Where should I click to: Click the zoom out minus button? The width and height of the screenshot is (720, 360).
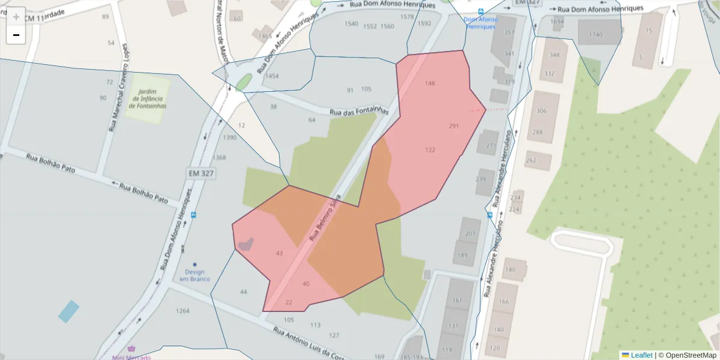pyautogui.click(x=16, y=35)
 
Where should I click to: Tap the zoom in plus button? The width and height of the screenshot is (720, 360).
pyautogui.click(x=16, y=17)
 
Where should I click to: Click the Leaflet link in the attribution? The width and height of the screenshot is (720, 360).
pyautogui.click(x=641, y=355)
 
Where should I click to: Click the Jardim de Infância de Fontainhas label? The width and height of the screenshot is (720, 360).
pyautogui.click(x=148, y=98)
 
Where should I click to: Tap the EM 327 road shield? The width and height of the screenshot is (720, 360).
pyautogui.click(x=200, y=173)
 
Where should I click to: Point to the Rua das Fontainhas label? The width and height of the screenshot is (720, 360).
pyautogui.click(x=359, y=112)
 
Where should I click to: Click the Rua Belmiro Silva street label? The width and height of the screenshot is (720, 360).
pyautogui.click(x=325, y=217)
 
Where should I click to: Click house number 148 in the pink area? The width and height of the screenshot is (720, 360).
pyautogui.click(x=430, y=83)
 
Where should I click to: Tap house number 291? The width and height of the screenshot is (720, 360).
pyautogui.click(x=454, y=126)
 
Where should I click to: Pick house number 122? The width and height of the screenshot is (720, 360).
pyautogui.click(x=430, y=150)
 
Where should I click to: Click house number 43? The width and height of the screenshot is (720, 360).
pyautogui.click(x=279, y=254)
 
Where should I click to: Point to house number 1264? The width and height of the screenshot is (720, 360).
pyautogui.click(x=182, y=311)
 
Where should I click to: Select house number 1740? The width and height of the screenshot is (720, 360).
pyautogui.click(x=596, y=35)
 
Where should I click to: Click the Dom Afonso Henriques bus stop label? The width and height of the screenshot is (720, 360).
pyautogui.click(x=481, y=23)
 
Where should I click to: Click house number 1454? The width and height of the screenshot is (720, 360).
pyautogui.click(x=272, y=76)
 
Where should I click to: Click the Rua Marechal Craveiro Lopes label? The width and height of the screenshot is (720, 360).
pyautogui.click(x=118, y=88)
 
